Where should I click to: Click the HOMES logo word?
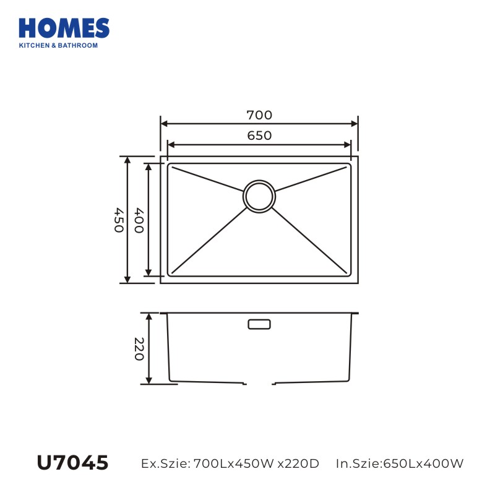pos(64,28)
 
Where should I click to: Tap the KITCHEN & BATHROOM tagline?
pos(58,45)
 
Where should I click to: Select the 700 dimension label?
pos(259,115)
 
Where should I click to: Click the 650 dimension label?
pos(259,136)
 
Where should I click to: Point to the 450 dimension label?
pos(119,220)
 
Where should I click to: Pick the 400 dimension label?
pos(139,220)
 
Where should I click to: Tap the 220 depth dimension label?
pos(139,349)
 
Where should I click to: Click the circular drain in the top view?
pos(259,196)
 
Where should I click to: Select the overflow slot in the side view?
pos(259,324)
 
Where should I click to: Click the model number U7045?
pos(72,463)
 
